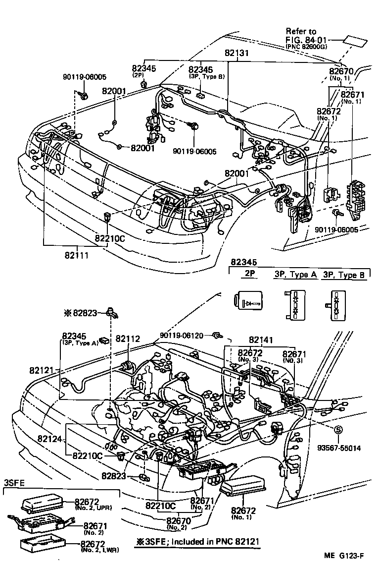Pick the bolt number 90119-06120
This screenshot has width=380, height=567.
click(181, 336)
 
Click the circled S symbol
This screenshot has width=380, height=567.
click(339, 429)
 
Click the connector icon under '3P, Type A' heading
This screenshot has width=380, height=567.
click(294, 304)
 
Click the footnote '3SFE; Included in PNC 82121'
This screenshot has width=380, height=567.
click(197, 541)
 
